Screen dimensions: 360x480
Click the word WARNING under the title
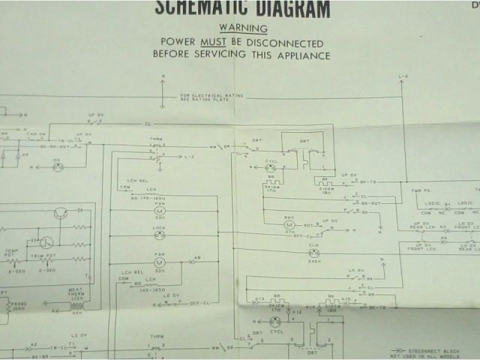pyautogui.click(x=242, y=28)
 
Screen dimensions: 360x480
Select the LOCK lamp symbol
pyautogui.click(x=159, y=235)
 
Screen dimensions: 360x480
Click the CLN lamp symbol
pyautogui.click(x=314, y=253)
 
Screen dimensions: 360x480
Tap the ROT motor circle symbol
pyautogui.click(x=289, y=224)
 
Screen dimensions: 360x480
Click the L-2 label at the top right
pyautogui.click(x=403, y=78)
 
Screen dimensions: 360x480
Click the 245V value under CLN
pyautogui.click(x=314, y=262)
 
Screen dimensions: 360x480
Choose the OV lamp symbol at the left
pyautogui.click(x=57, y=168)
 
